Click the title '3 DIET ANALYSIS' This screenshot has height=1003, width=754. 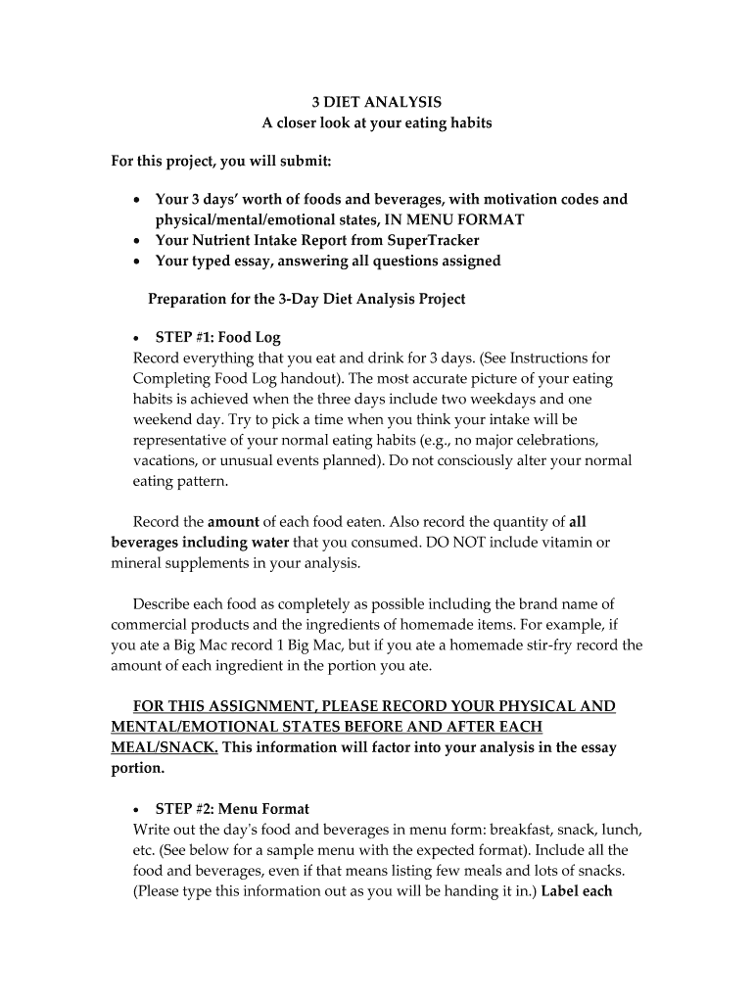point(376,102)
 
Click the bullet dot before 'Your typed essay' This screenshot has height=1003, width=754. point(136,262)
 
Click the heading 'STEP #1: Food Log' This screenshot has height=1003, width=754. point(218,338)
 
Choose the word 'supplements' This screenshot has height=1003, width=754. point(210,563)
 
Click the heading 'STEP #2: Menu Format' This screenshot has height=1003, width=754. point(232,809)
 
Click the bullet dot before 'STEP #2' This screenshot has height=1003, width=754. point(136,810)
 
